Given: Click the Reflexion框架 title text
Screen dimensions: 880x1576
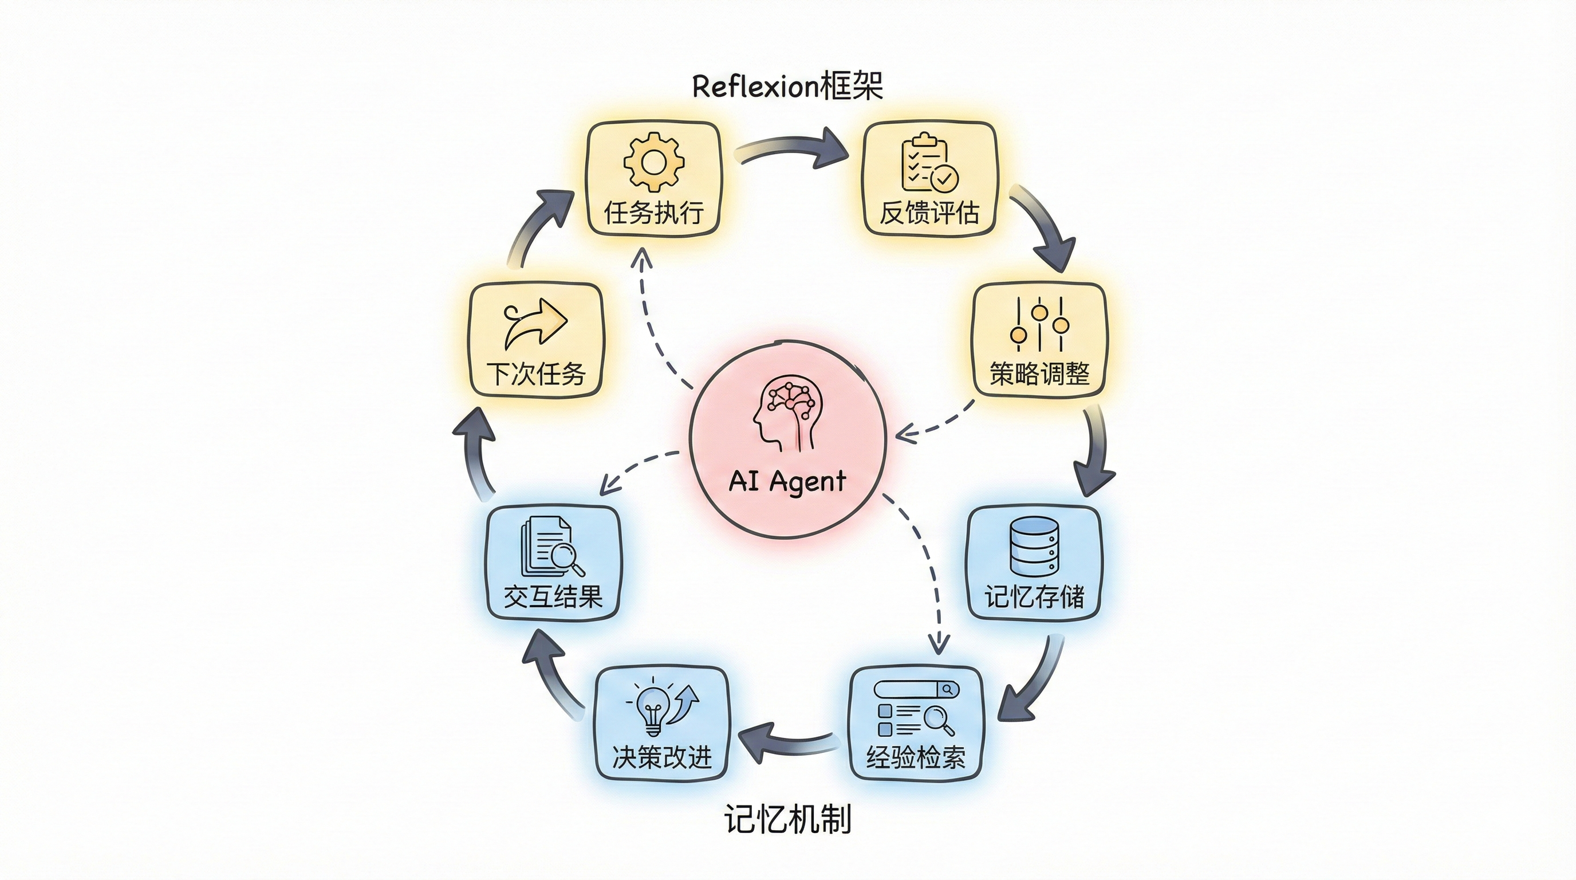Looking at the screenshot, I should point(787,87).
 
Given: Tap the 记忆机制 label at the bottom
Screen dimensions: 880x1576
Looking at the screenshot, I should point(787,819).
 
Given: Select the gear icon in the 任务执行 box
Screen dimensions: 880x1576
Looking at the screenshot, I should point(653,162).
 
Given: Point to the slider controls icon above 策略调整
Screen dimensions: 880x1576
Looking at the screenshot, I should point(1039,324).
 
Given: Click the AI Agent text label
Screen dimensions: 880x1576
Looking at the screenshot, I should point(787,481).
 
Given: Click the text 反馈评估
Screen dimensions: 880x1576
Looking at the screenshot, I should point(929,213).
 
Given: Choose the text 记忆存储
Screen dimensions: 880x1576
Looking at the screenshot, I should point(1034,596).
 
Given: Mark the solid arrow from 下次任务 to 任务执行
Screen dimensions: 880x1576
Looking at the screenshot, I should point(538,226).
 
